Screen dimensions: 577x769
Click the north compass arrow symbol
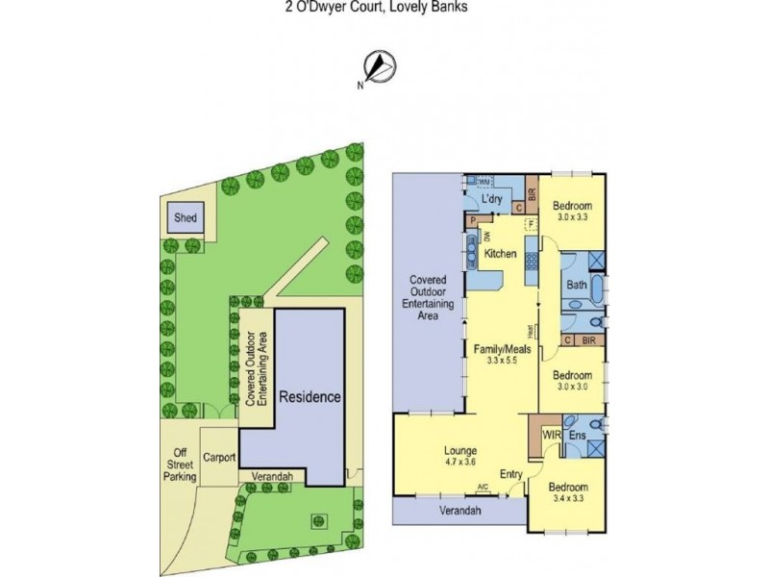383,65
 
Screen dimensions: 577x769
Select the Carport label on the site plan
220,459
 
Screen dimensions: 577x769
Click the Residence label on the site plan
310,396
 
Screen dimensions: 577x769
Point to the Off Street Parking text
180,465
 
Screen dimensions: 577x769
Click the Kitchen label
501,254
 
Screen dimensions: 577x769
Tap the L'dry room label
493,199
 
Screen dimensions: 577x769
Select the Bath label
577,285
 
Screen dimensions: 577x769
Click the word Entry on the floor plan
510,472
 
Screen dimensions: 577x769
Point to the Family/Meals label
496,348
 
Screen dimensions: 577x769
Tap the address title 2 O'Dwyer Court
384,6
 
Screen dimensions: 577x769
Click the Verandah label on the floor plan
460,511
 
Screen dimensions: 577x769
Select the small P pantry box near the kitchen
472,220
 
